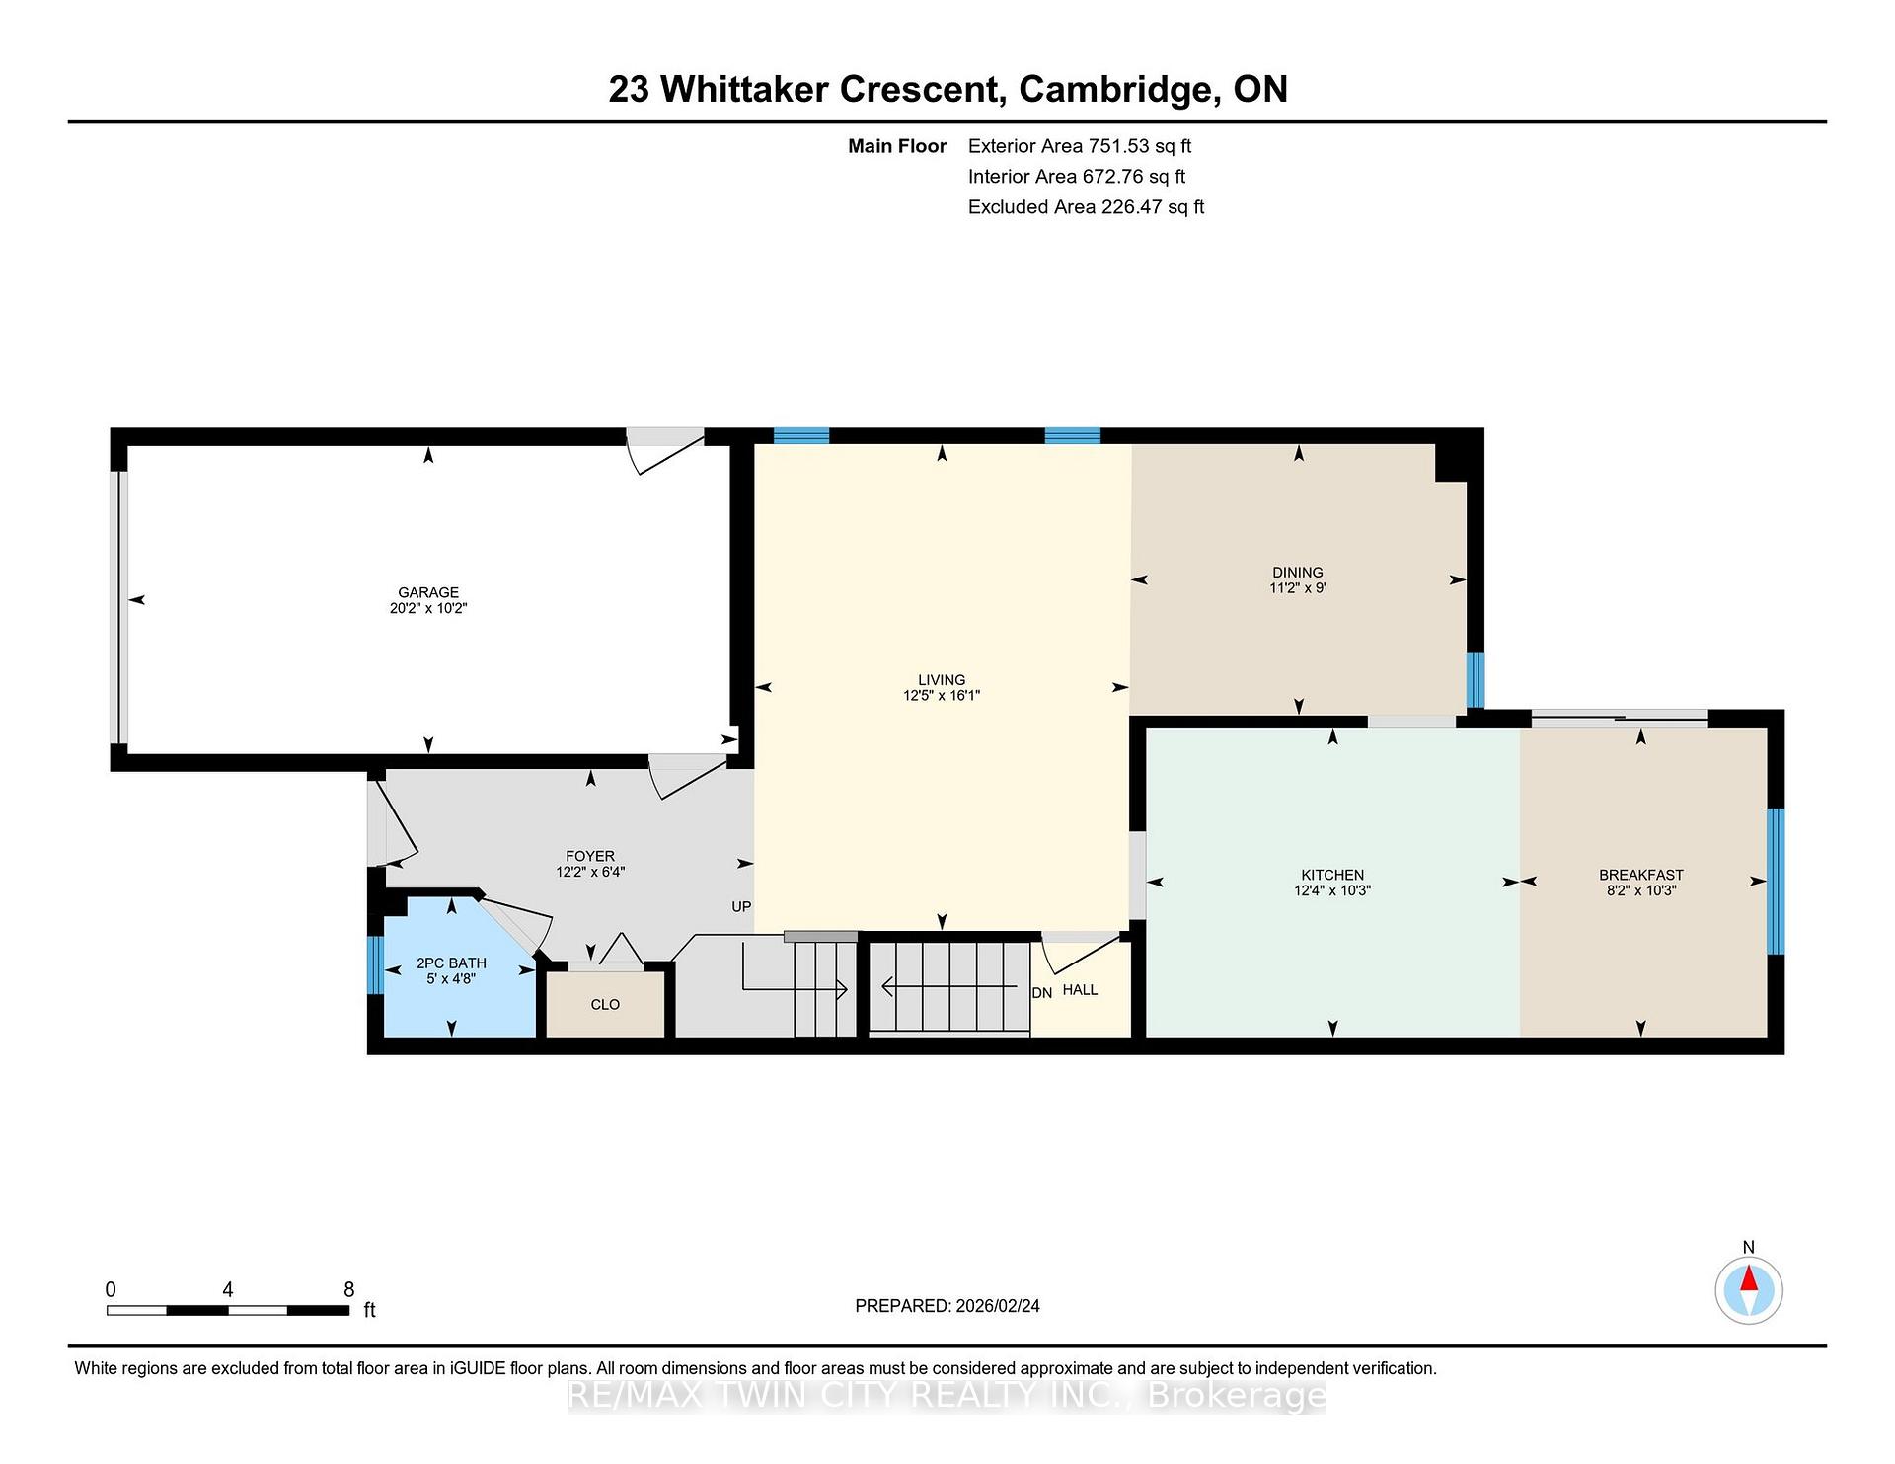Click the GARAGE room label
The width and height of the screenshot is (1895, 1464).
[428, 592]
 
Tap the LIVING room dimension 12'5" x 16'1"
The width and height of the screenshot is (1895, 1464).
[942, 696]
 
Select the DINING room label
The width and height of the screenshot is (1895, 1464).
[1298, 573]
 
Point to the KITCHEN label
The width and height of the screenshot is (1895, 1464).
[1332, 875]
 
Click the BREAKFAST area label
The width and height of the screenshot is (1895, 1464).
[1641, 875]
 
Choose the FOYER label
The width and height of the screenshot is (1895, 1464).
[590, 856]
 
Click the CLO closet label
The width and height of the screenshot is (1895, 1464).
[605, 1005]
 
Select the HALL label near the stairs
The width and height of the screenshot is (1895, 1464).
[1081, 990]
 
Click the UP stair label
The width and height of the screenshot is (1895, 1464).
[741, 907]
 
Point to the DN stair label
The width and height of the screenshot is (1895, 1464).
[1042, 993]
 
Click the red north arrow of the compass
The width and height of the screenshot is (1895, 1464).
[1749, 1279]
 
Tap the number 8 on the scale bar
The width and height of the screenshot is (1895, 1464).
[348, 1289]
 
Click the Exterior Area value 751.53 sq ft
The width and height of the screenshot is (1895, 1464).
[1140, 146]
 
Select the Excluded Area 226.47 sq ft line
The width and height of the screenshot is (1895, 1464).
[1086, 207]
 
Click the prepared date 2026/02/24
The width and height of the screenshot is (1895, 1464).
[998, 1306]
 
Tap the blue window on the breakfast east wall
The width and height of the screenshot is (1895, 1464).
[1776, 882]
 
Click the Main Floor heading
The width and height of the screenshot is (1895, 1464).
[897, 146]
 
